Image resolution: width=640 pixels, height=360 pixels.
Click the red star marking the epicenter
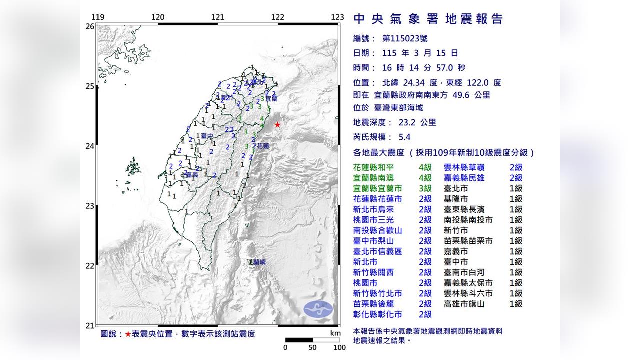tap(277, 125)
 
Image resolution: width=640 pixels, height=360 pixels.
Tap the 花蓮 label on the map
tap(263, 146)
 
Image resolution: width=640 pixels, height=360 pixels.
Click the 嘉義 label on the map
tap(192, 175)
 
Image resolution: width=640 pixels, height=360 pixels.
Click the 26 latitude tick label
tap(90, 26)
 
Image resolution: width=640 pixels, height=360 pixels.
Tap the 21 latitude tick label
tap(90, 326)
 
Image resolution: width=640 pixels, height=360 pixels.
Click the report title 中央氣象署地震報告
tap(428, 19)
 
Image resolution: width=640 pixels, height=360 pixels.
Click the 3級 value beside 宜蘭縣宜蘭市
tap(425, 188)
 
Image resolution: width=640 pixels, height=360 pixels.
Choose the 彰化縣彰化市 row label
tap(377, 314)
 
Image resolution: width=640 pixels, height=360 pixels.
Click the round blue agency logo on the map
tap(318, 309)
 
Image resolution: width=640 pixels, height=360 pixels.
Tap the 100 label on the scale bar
tap(339, 347)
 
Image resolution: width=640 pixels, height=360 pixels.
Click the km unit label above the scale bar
tap(335, 333)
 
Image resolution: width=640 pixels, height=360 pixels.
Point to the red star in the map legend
tap(128, 334)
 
